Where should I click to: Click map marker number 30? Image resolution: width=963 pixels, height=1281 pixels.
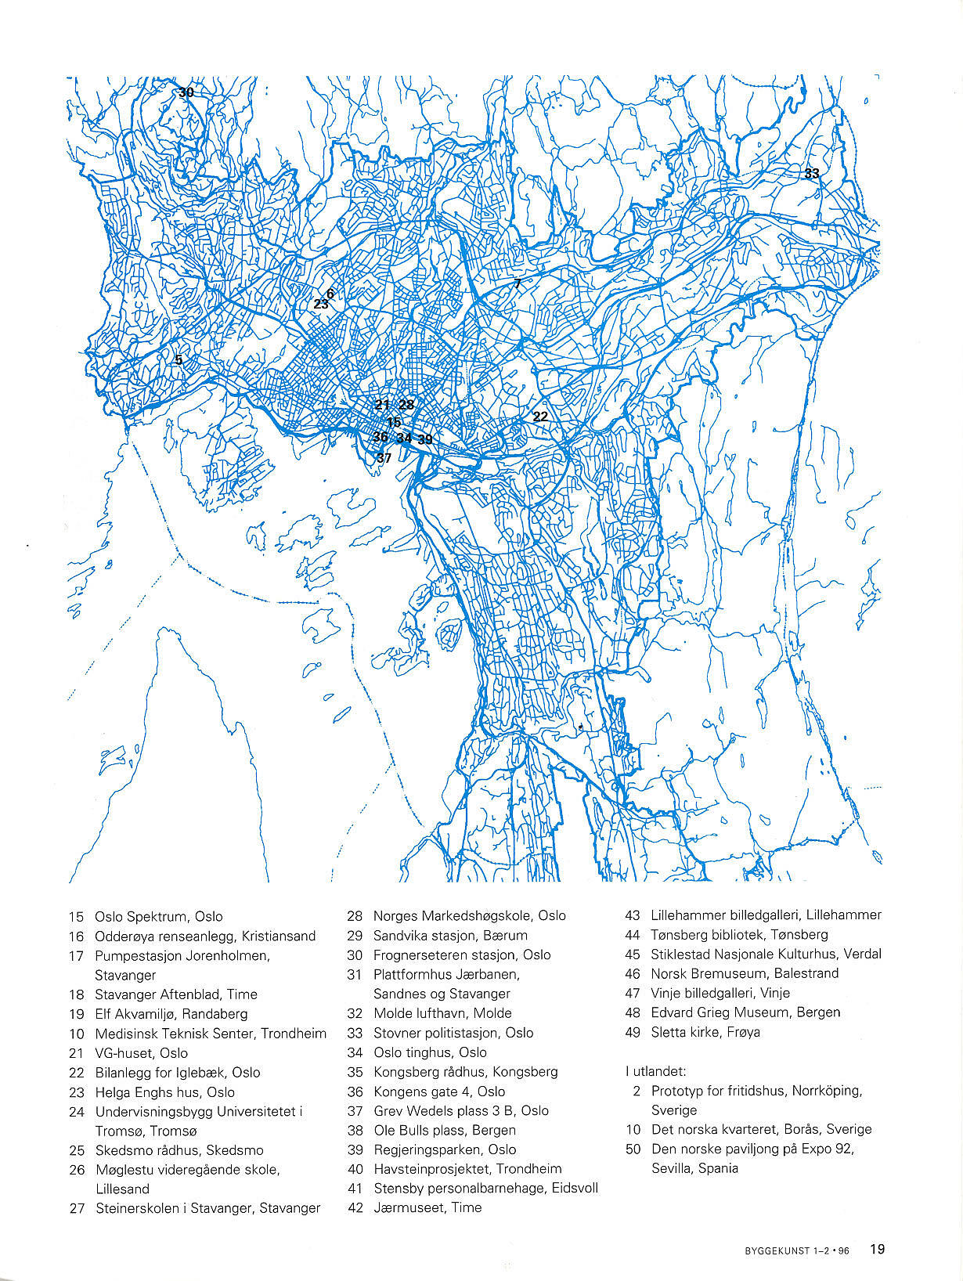pyautogui.click(x=186, y=92)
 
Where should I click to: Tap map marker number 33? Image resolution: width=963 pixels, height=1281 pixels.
pyautogui.click(x=812, y=173)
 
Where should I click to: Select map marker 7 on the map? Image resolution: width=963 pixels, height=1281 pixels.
pyautogui.click(x=518, y=284)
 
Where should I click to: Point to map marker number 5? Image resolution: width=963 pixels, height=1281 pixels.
pyautogui.click(x=179, y=360)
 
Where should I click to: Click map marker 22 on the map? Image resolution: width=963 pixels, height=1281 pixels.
pyautogui.click(x=540, y=417)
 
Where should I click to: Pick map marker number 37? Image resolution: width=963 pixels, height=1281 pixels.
pyautogui.click(x=384, y=458)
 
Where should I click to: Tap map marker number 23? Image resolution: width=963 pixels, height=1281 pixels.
pyautogui.click(x=321, y=304)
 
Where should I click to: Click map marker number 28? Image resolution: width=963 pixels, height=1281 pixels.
pyautogui.click(x=406, y=405)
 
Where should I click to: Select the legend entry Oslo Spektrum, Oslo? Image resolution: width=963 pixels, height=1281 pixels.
pyautogui.click(x=158, y=916)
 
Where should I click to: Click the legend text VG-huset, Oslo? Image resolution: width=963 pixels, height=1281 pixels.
pyautogui.click(x=141, y=1053)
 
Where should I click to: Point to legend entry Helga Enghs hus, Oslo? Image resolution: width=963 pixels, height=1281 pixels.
pyautogui.click(x=164, y=1092)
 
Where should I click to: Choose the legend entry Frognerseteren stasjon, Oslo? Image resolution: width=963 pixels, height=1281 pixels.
pyautogui.click(x=462, y=955)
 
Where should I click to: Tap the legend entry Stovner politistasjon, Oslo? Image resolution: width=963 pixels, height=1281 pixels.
pyautogui.click(x=453, y=1033)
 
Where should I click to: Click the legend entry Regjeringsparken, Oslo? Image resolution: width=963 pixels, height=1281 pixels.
pyautogui.click(x=445, y=1149)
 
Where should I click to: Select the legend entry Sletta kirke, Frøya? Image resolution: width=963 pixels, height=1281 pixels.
pyautogui.click(x=705, y=1032)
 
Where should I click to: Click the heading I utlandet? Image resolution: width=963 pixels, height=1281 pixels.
pyautogui.click(x=655, y=1071)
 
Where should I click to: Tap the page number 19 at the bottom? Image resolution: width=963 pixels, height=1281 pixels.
pyautogui.click(x=877, y=1249)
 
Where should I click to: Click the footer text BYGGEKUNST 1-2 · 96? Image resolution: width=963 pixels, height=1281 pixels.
pyautogui.click(x=796, y=1251)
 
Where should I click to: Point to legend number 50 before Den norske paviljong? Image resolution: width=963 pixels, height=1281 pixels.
pyautogui.click(x=633, y=1149)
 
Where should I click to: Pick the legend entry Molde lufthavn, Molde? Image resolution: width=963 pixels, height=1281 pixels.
pyautogui.click(x=442, y=1013)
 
